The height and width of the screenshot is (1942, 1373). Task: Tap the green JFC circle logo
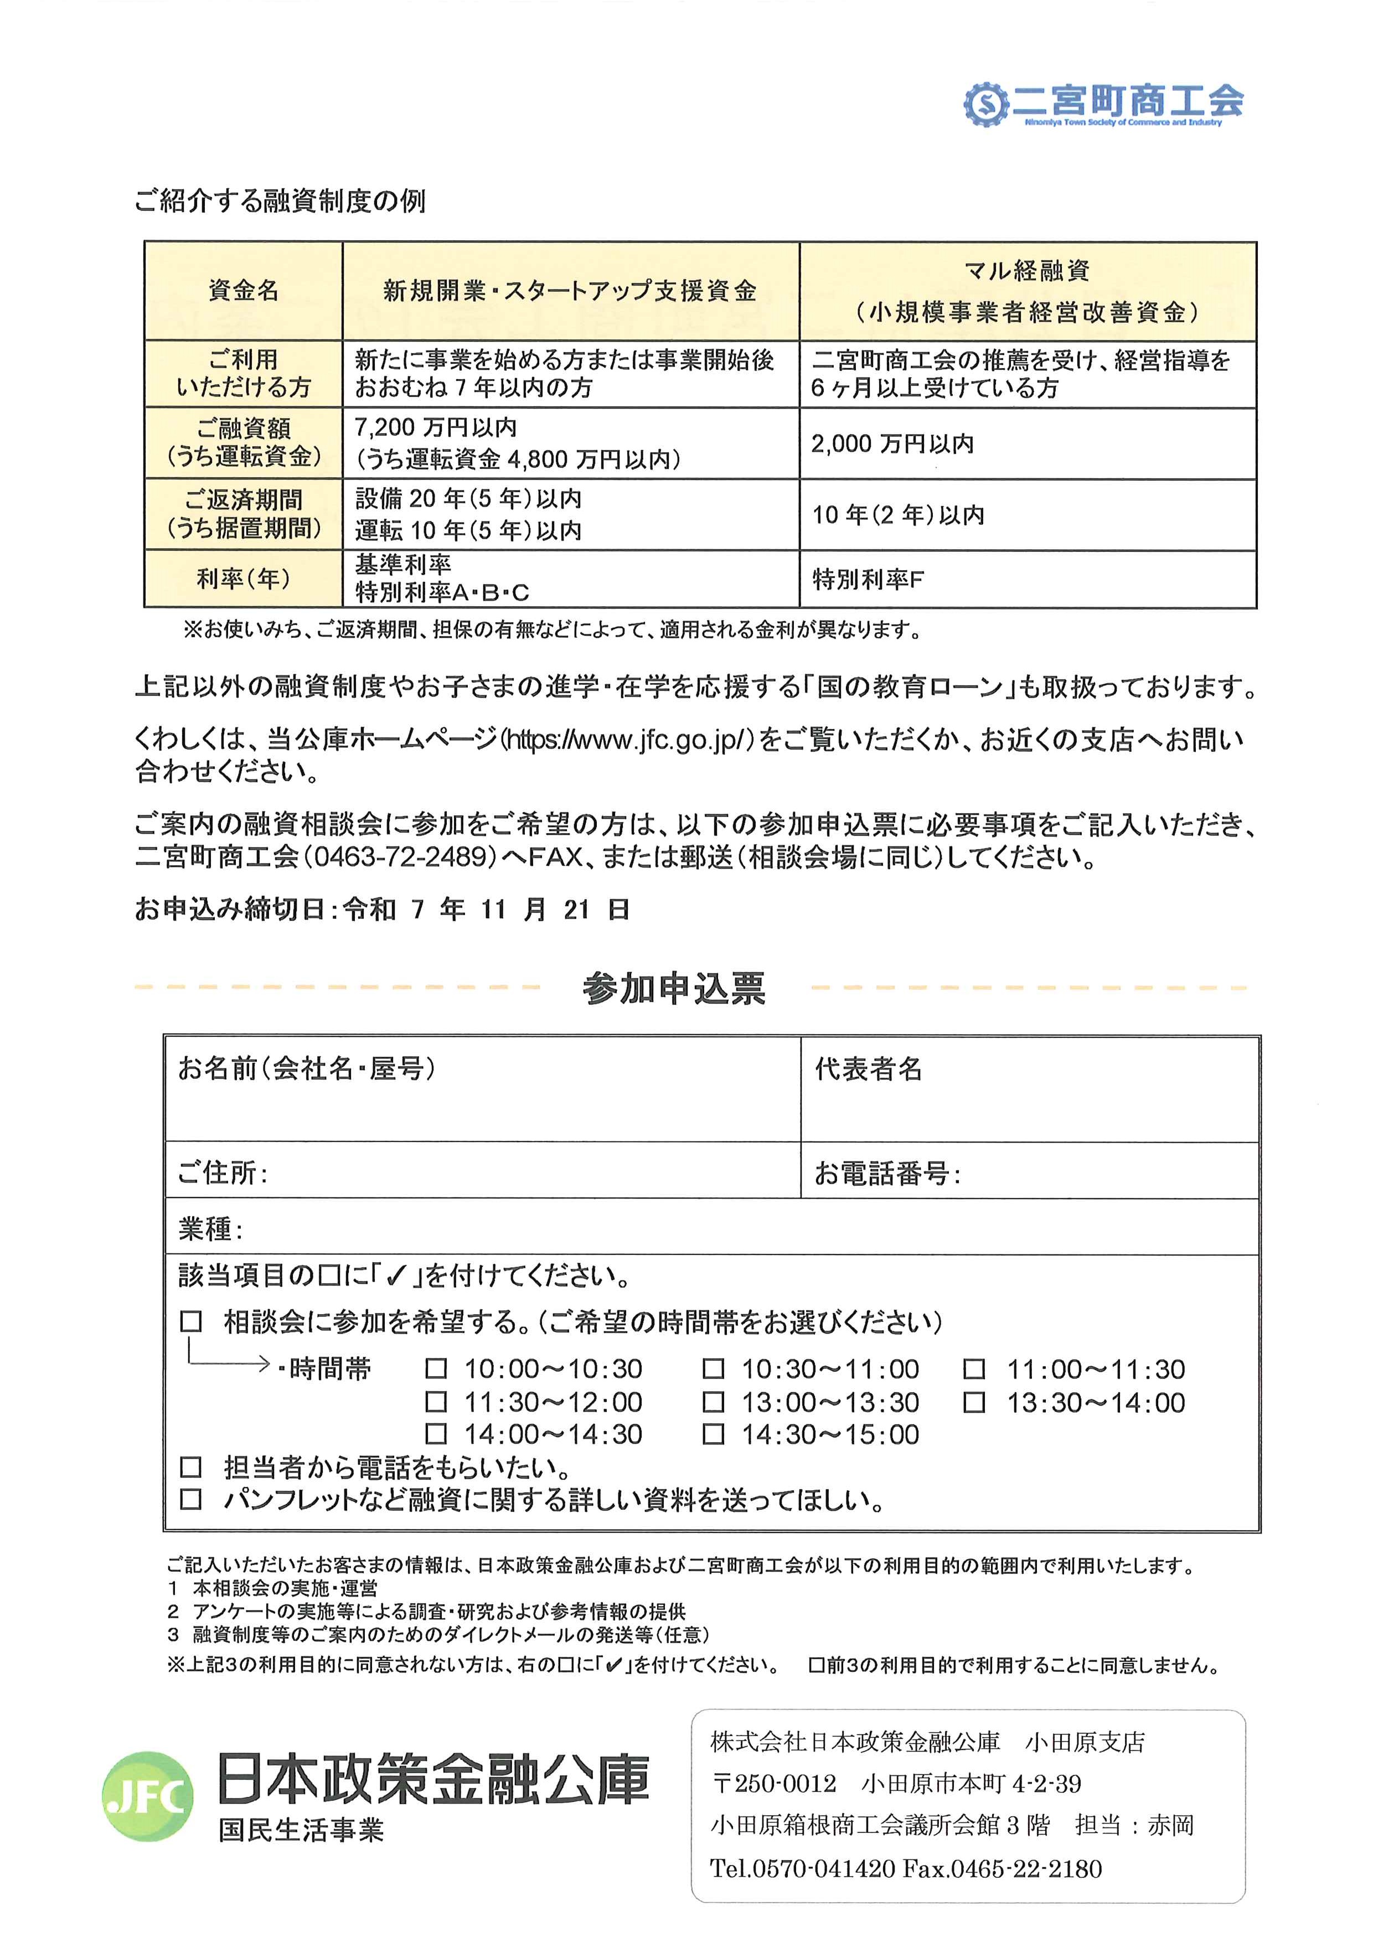point(147,1796)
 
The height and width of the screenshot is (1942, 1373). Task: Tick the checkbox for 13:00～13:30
point(714,1402)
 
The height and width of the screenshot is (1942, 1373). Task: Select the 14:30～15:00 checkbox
point(714,1434)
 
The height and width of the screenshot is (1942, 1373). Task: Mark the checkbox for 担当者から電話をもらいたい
point(191,1468)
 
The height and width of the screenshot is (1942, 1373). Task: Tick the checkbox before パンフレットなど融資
point(191,1500)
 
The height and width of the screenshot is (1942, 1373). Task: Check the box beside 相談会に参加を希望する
point(191,1322)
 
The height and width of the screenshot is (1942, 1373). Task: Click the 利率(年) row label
point(244,580)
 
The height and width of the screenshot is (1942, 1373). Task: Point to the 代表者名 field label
point(869,1069)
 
